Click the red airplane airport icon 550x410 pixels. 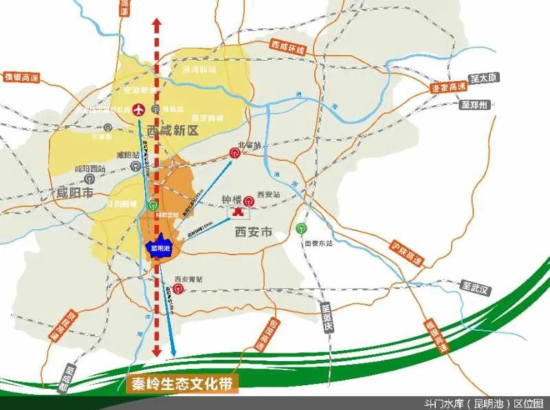coord(140,109)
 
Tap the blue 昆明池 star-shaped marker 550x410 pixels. coord(159,248)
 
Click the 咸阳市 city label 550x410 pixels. coord(75,192)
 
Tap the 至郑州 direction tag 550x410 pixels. coord(474,105)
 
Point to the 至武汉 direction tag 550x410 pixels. coord(474,288)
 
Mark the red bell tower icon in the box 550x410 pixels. coord(238,212)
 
